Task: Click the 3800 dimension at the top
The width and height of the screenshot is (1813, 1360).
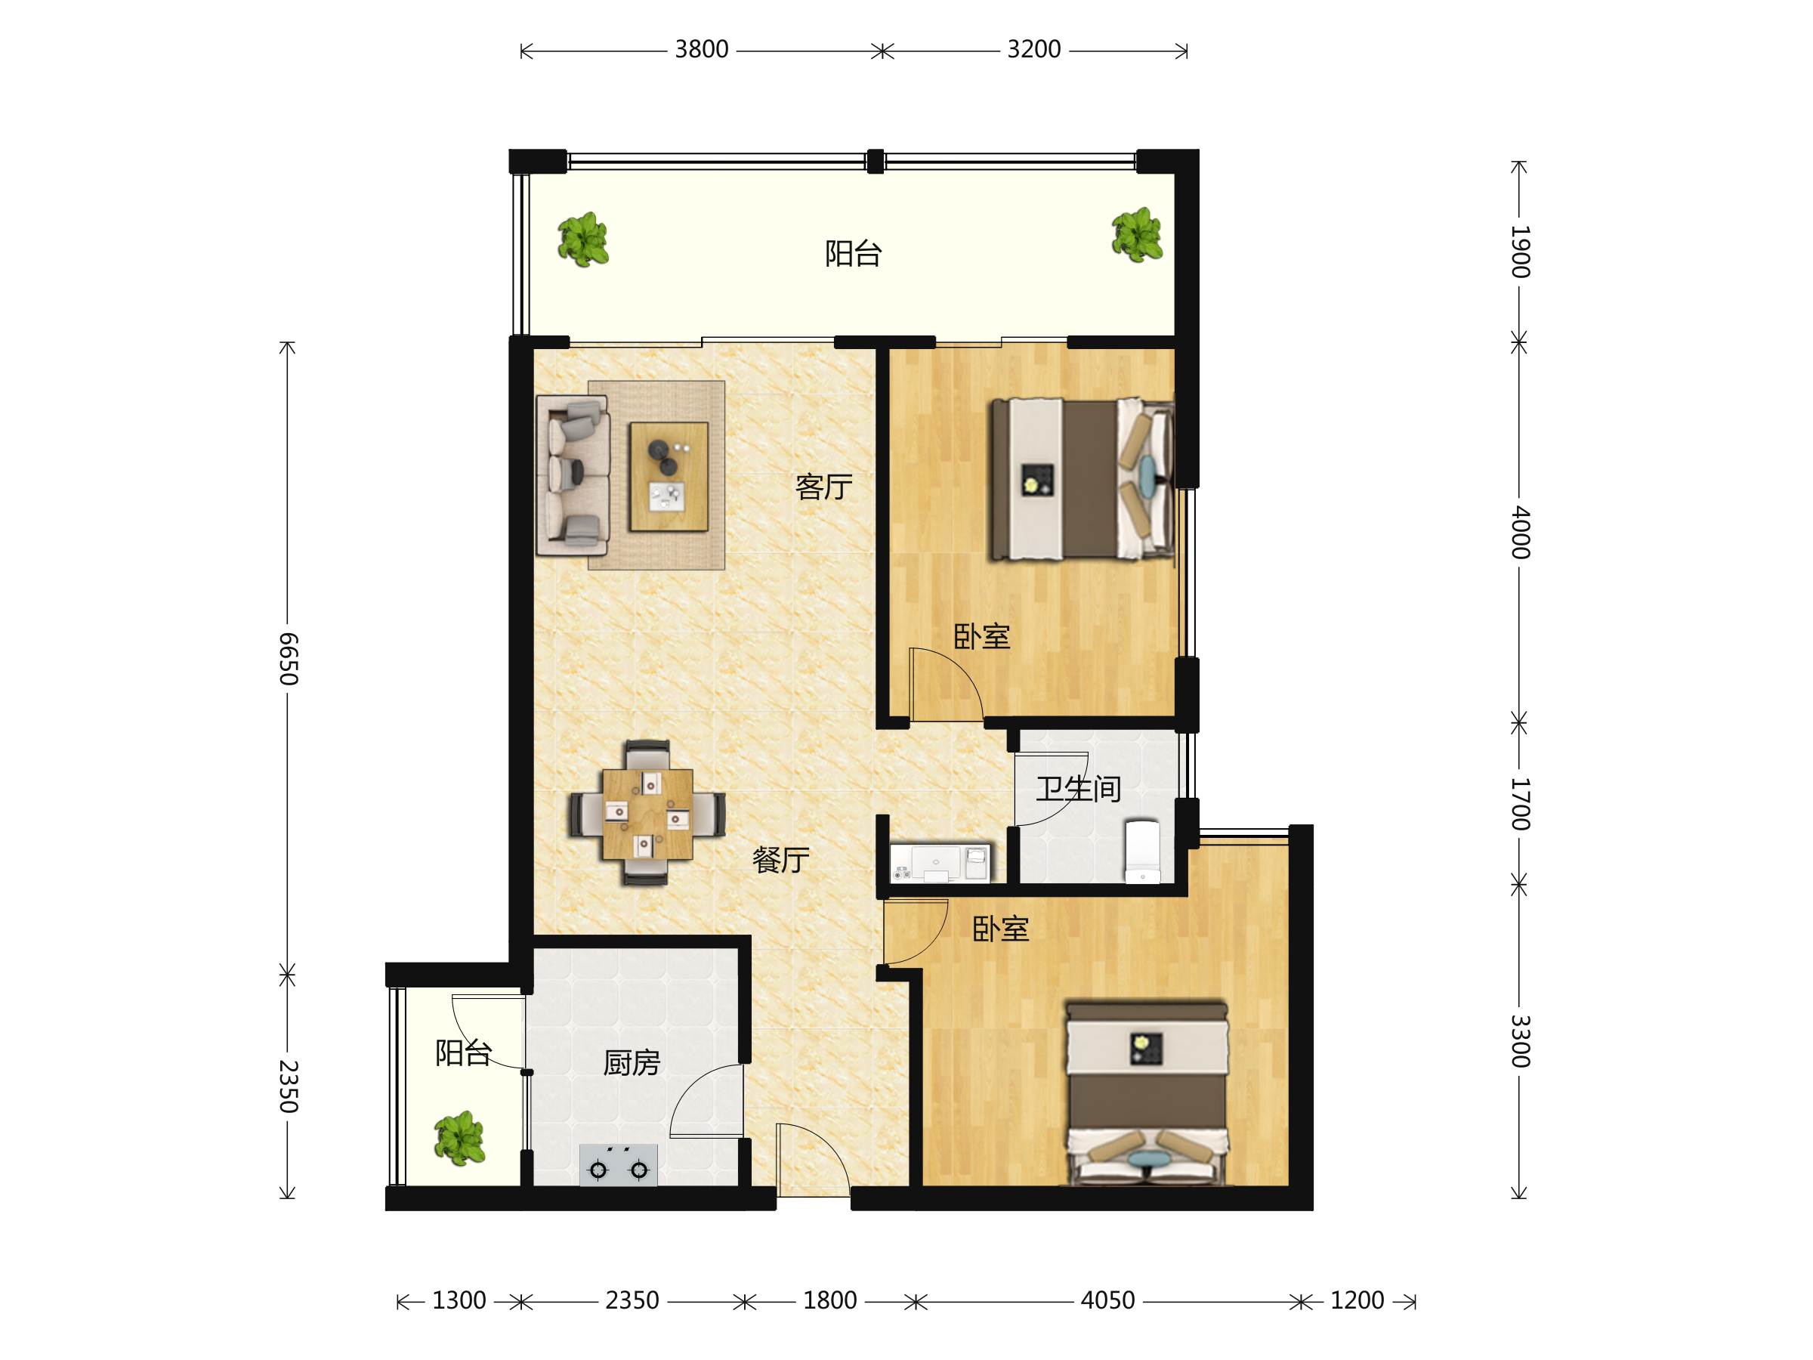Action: point(701,50)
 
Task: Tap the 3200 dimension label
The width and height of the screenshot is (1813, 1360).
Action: point(1033,50)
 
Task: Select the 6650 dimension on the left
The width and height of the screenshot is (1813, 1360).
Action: point(288,658)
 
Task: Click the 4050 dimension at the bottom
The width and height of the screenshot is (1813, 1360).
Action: point(1107,1300)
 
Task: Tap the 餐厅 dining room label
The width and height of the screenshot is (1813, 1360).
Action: point(780,860)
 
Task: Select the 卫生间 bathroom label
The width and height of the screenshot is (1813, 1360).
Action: point(1078,789)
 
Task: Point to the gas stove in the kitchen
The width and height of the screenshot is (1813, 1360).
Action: point(618,1165)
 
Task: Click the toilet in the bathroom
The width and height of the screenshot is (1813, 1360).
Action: point(1141,852)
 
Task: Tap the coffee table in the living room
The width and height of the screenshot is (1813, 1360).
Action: point(669,476)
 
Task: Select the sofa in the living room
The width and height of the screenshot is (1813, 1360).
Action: point(572,475)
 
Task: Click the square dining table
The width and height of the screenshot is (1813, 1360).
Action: point(647,814)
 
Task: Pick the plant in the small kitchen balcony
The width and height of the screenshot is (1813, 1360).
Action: point(460,1138)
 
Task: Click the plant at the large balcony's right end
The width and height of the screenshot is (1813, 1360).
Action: point(1137,235)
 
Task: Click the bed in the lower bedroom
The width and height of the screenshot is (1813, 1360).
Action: point(1147,1093)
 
